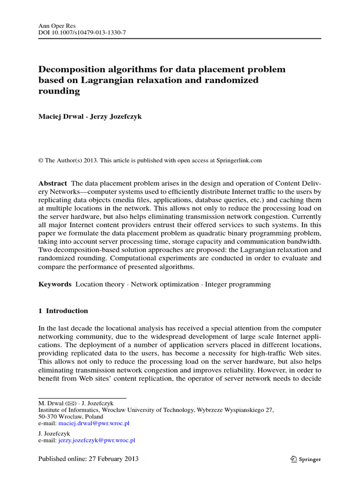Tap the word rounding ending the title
pyautogui.click(x=59, y=91)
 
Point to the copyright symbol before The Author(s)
pyautogui.click(x=40, y=160)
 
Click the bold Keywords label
pyautogui.click(x=54, y=284)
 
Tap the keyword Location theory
pyautogui.click(x=100, y=284)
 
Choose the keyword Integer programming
pyautogui.click(x=238, y=284)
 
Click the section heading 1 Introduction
pyautogui.click(x=63, y=311)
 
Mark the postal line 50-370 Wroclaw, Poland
pyautogui.click(x=70, y=416)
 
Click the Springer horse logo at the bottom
pyautogui.click(x=293, y=459)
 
